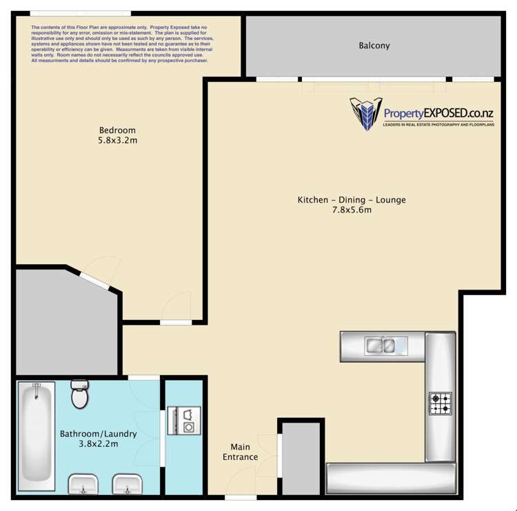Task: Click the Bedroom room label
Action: click(117, 130)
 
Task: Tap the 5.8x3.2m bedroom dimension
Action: click(117, 141)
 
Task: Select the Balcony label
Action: click(374, 46)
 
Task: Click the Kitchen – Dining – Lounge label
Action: click(352, 200)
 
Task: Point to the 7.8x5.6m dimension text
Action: click(352, 210)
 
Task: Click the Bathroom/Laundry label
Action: click(98, 434)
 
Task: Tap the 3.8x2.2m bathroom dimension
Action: click(98, 444)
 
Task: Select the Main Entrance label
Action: click(240, 452)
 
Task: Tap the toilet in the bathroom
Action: click(80, 394)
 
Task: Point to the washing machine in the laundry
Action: click(187, 419)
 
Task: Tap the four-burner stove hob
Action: click(440, 403)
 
